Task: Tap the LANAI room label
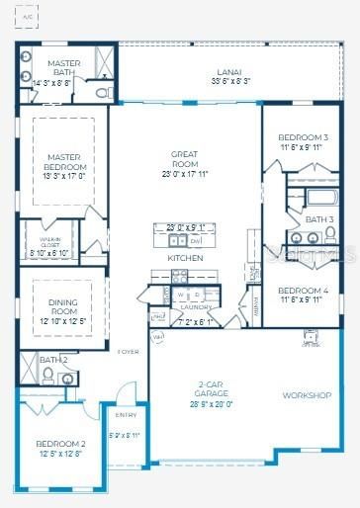(x=229, y=72)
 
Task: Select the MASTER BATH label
(x=62, y=67)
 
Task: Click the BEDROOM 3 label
(x=303, y=137)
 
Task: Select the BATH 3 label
(x=318, y=218)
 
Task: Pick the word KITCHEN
(x=185, y=258)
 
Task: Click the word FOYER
(x=129, y=351)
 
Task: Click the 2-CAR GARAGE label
(x=213, y=391)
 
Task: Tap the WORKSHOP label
(x=307, y=395)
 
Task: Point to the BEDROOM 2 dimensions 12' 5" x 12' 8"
(x=59, y=455)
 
